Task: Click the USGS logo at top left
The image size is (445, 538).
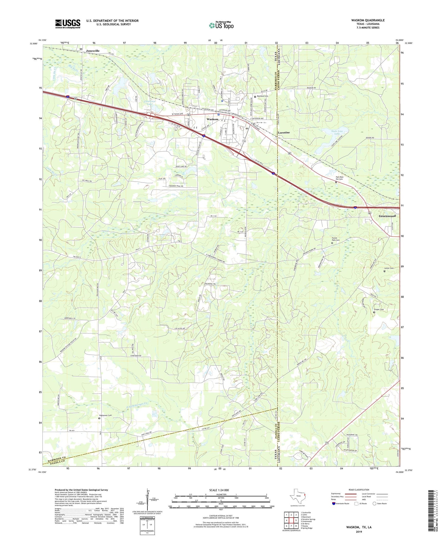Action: coord(68,24)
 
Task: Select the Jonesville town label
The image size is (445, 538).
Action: coord(93,51)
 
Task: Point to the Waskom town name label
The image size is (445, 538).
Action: coord(212,119)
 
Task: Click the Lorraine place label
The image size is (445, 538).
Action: coord(284,132)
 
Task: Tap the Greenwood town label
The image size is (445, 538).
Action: coord(387,216)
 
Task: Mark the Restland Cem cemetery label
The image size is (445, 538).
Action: coord(262,96)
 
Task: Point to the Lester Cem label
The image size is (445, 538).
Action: coord(390,268)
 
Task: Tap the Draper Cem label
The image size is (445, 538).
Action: coord(379,310)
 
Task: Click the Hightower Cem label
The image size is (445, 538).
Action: coord(106,415)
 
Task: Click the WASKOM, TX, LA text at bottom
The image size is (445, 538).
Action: coord(358,527)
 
